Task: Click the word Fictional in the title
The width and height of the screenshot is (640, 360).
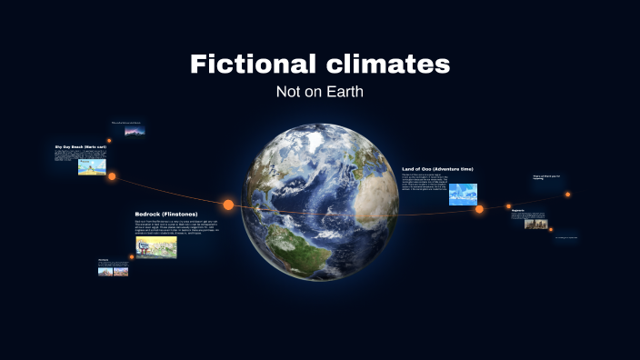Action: (x=250, y=65)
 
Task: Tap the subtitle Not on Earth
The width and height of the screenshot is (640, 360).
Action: (x=319, y=92)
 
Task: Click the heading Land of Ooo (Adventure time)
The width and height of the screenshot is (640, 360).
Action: (x=437, y=168)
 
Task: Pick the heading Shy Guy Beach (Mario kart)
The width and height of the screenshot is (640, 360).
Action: (x=81, y=145)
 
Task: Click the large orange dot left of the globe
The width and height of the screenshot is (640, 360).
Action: (x=228, y=205)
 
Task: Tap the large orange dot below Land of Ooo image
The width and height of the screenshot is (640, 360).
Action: (x=479, y=209)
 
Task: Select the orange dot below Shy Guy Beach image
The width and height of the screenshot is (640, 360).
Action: (x=112, y=176)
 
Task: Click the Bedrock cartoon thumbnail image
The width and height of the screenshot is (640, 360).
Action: (x=155, y=247)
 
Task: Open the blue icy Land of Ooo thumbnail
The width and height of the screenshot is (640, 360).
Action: (x=463, y=194)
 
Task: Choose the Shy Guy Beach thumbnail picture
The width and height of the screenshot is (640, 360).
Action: (x=92, y=167)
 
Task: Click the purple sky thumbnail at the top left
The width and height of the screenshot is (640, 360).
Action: (x=134, y=130)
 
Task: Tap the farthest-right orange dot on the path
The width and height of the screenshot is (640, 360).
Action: (x=567, y=194)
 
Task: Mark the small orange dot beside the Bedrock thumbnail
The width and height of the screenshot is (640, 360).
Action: (x=132, y=256)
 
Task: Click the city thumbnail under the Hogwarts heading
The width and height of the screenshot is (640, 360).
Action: (x=535, y=222)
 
